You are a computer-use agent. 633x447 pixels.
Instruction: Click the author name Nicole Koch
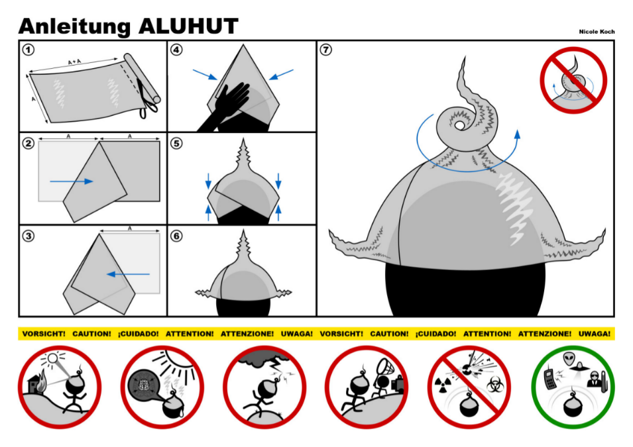(596, 31)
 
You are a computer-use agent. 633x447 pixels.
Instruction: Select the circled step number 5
(177, 142)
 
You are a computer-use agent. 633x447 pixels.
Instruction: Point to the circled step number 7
(326, 50)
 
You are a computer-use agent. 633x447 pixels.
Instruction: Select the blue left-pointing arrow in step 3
(129, 273)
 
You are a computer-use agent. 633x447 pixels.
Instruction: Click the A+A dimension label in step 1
(75, 62)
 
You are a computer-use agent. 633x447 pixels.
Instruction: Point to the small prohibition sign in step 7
(573, 79)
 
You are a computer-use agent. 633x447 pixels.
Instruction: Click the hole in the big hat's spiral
(459, 124)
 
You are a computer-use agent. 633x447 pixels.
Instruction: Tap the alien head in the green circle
(569, 359)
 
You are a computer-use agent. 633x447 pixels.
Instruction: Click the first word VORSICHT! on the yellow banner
(44, 334)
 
